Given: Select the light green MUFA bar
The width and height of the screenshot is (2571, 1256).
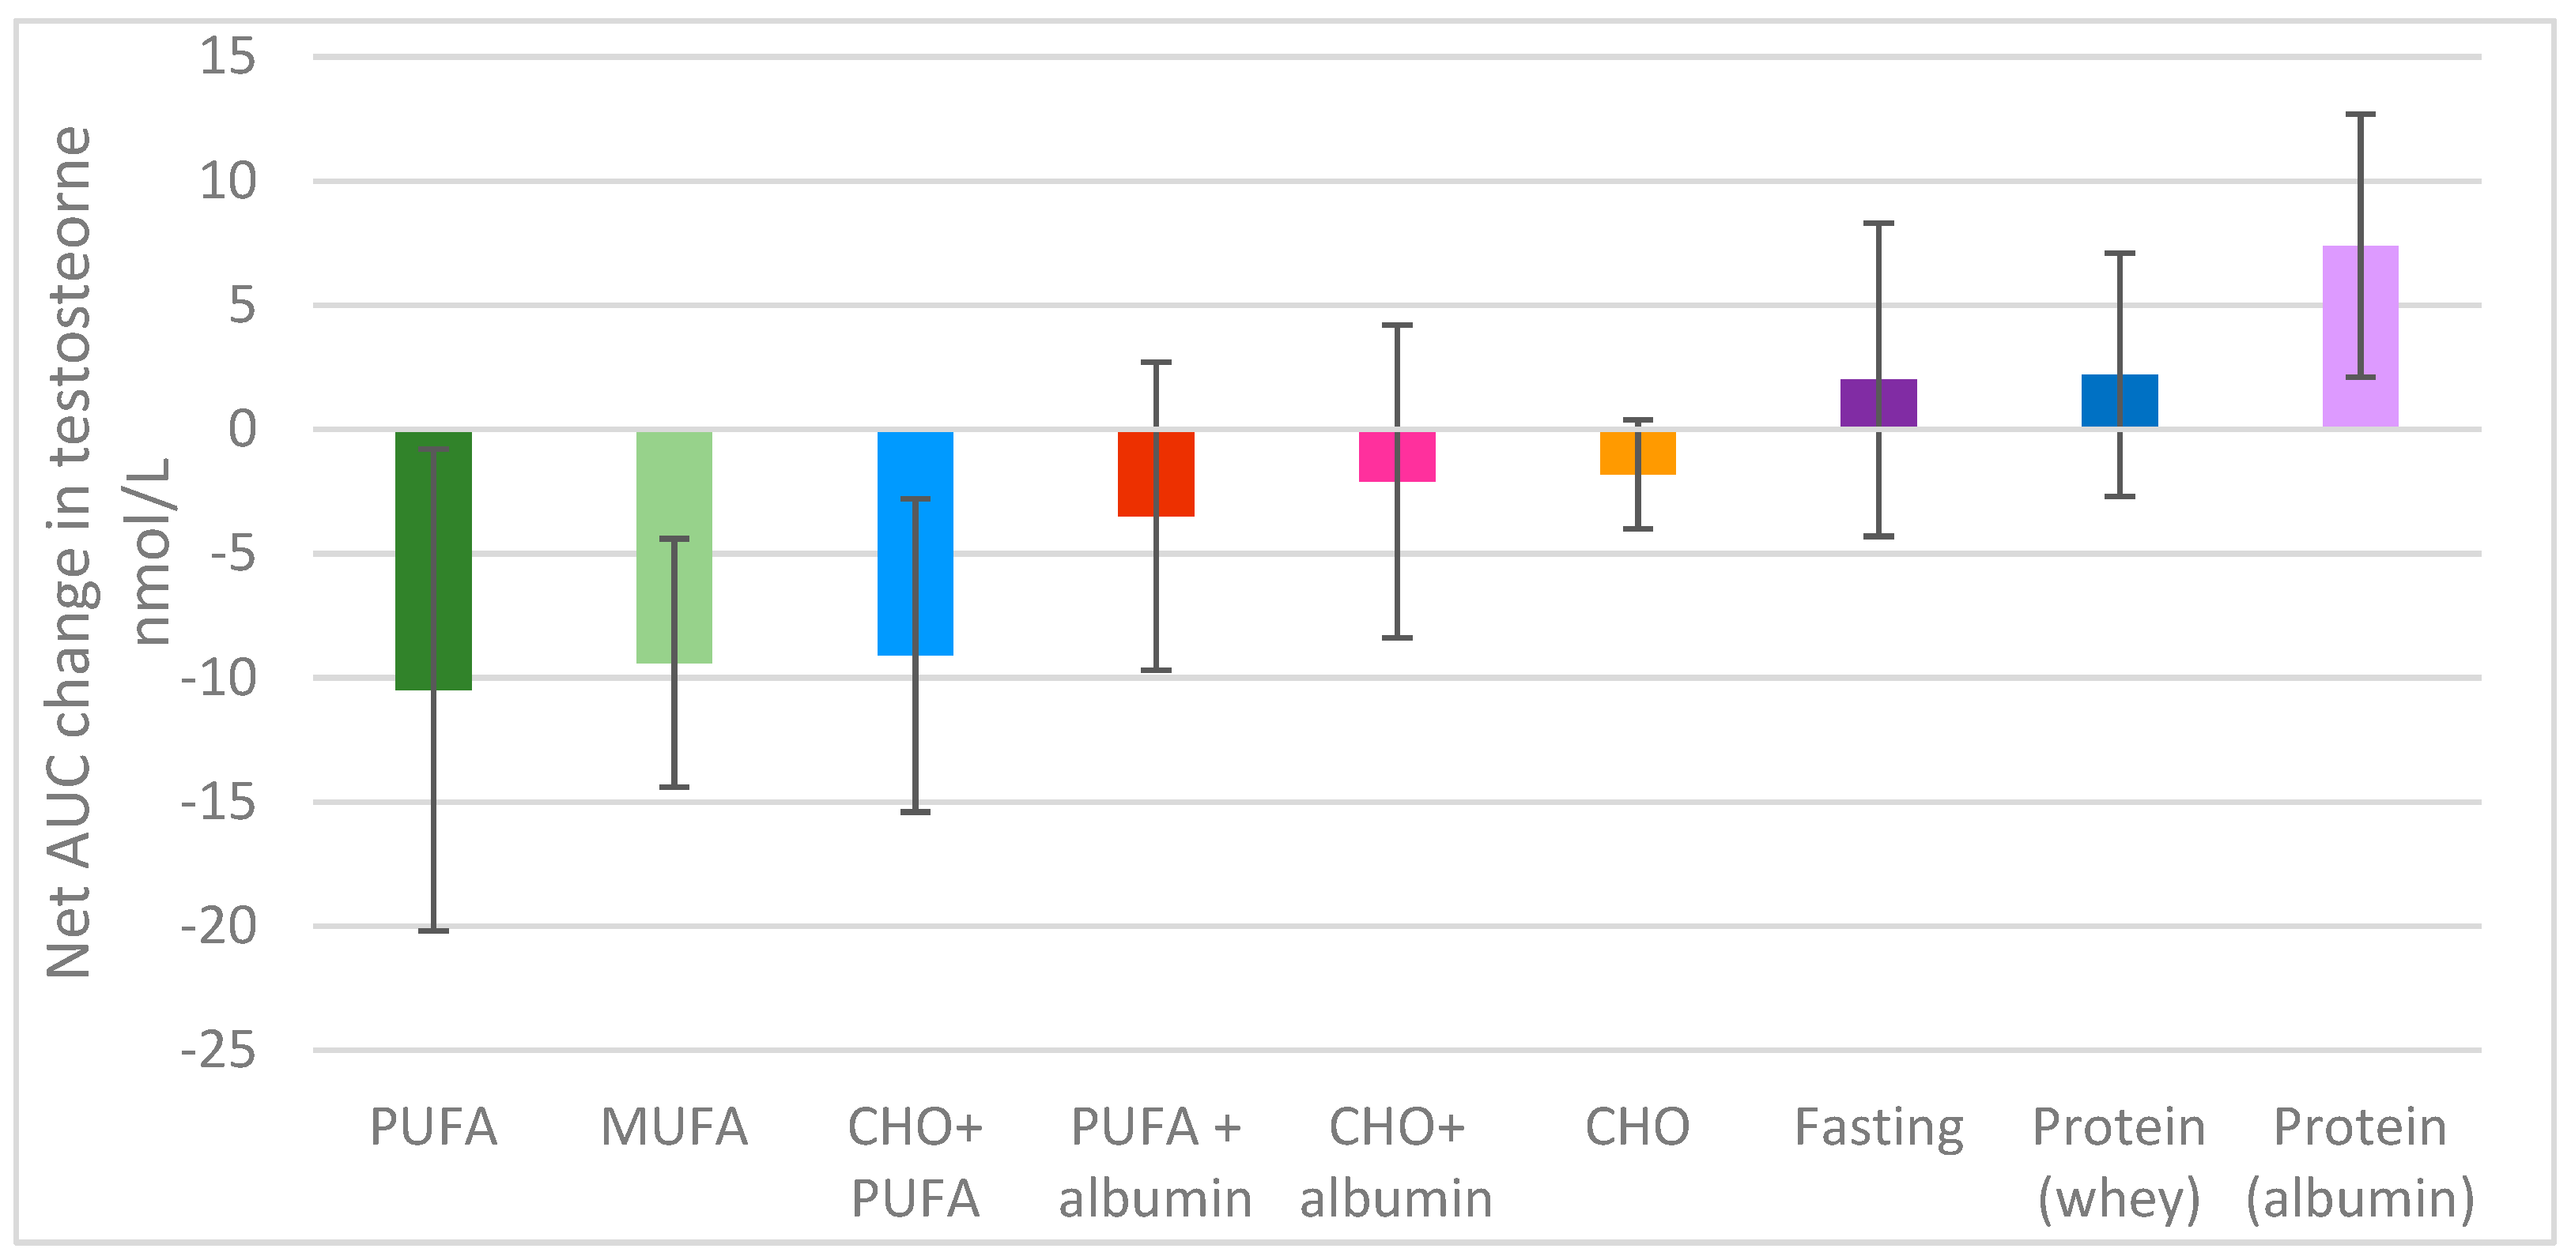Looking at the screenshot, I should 654,547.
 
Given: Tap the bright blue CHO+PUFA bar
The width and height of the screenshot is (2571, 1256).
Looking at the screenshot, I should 897,543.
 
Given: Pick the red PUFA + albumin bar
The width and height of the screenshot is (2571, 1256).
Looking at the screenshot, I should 1138,474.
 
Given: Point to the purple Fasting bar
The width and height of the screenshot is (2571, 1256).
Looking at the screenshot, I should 1861,403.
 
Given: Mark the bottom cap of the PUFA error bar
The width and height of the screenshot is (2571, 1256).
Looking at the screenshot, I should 433,931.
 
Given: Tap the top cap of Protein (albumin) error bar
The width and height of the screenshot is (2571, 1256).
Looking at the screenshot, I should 2361,115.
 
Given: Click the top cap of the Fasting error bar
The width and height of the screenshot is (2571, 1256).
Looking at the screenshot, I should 1878,224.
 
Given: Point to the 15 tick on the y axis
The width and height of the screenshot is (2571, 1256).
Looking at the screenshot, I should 228,56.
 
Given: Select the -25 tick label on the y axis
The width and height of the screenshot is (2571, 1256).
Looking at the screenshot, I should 217,1051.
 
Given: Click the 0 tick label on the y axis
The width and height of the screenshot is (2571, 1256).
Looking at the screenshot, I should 242,430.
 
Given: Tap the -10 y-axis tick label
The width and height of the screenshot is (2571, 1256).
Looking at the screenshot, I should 217,679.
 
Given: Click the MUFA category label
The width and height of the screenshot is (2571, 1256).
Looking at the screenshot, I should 674,1127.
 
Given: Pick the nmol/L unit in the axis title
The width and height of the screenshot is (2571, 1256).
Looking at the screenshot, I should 149,551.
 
